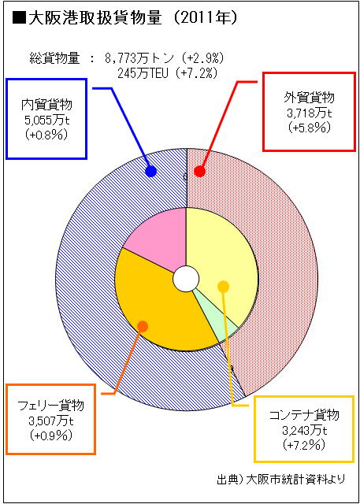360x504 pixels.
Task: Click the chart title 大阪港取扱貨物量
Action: pyautogui.click(x=95, y=19)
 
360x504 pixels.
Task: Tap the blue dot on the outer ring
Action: pyautogui.click(x=150, y=172)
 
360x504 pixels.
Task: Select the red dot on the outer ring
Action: pyautogui.click(x=199, y=172)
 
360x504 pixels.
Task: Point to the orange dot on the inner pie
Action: pyautogui.click(x=143, y=326)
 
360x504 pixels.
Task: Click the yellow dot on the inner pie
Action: pyautogui.click(x=223, y=287)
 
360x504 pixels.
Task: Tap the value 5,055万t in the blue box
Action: pyautogui.click(x=46, y=120)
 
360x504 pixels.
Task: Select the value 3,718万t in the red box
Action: pyautogui.click(x=309, y=113)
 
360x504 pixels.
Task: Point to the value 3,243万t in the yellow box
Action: pyautogui.click(x=304, y=430)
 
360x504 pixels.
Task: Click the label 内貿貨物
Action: pyautogui.click(x=46, y=105)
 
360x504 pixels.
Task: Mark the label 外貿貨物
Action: pyautogui.click(x=309, y=97)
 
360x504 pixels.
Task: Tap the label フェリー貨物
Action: pyautogui.click(x=50, y=406)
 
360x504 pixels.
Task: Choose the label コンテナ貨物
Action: pyautogui.click(x=304, y=416)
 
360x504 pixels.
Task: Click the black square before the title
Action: pyautogui.click(x=19, y=20)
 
